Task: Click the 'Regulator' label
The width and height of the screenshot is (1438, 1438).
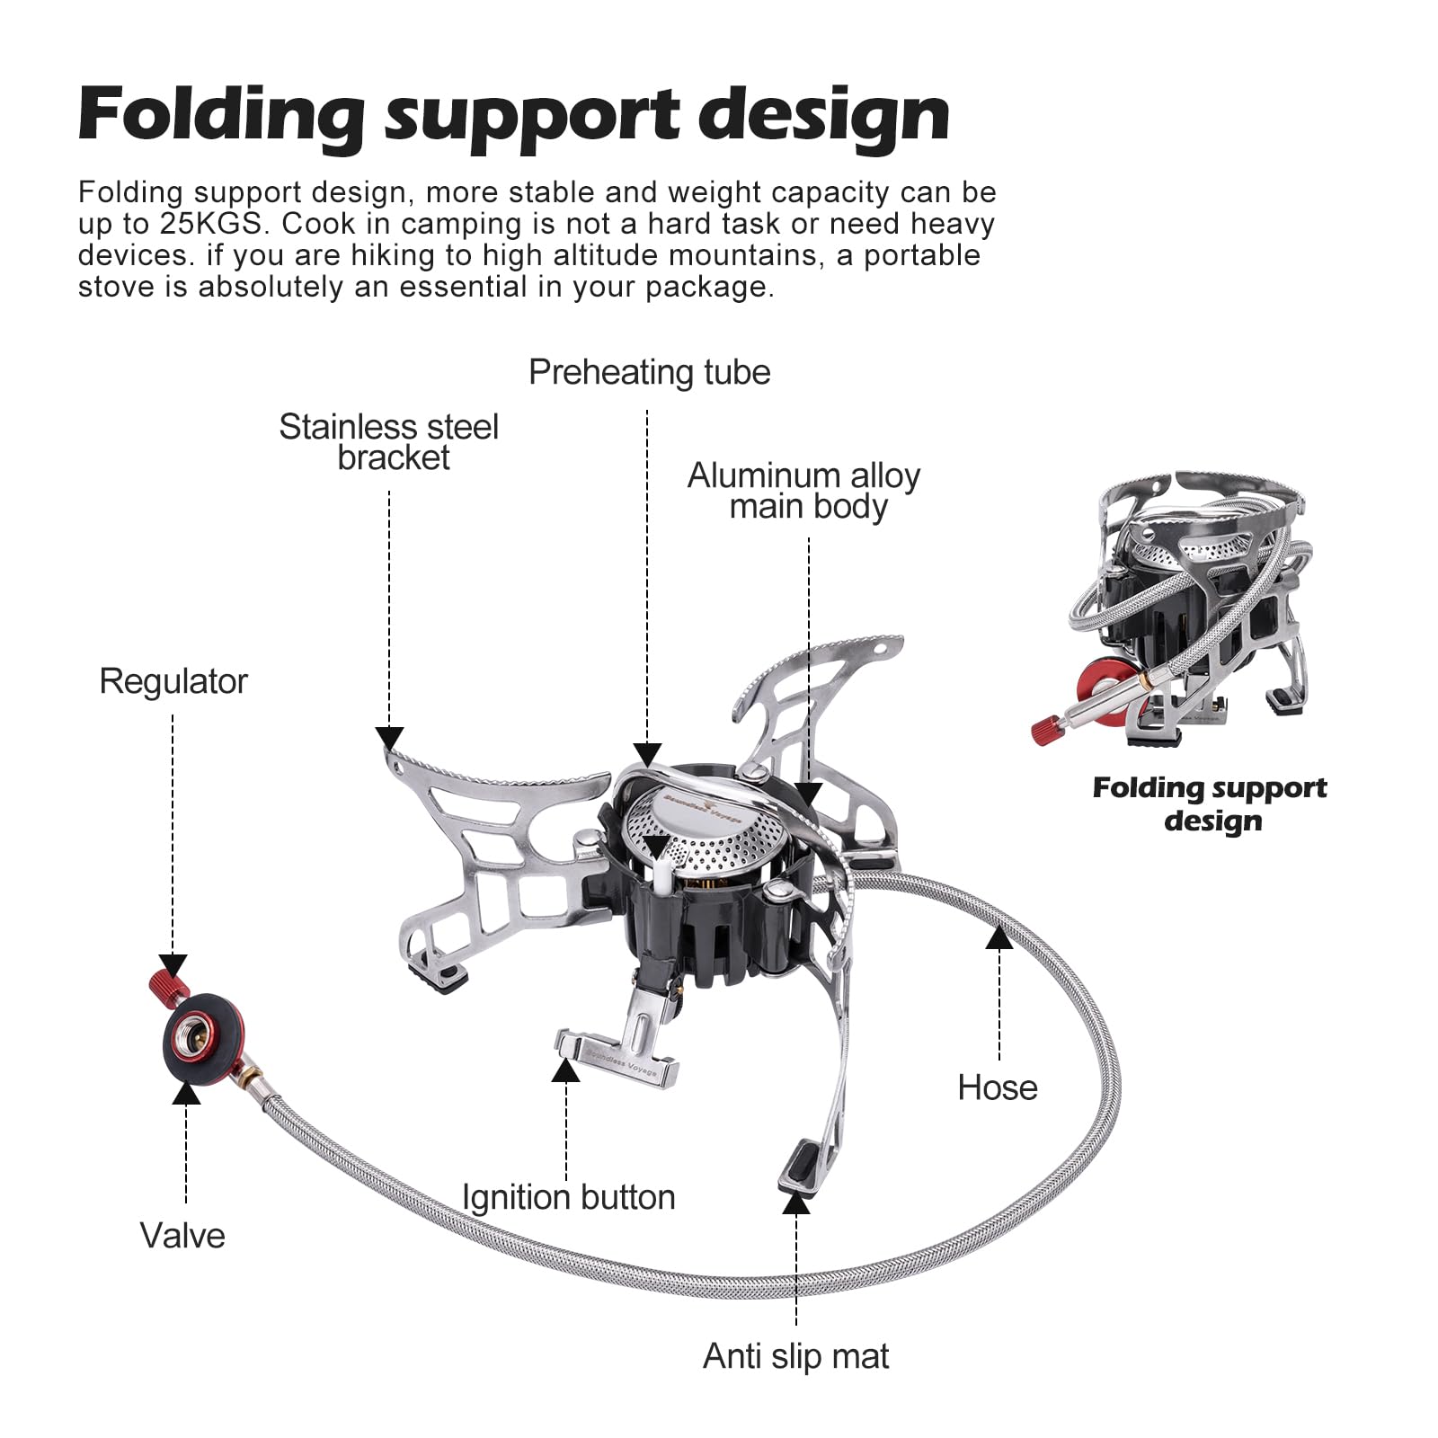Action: coord(173,681)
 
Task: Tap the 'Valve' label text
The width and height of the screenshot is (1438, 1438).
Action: coord(182,1236)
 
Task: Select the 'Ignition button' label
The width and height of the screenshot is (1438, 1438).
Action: coord(568,1197)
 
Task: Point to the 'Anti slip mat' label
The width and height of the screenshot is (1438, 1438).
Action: coord(795,1356)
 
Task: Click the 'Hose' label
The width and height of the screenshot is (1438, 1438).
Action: coord(997,1087)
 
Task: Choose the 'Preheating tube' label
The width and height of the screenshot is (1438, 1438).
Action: coord(649,372)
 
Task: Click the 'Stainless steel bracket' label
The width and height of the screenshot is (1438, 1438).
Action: coord(389,442)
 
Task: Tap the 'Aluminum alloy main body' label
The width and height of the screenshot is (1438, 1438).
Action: coord(804,491)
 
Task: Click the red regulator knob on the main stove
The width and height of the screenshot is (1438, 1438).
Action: coord(166,986)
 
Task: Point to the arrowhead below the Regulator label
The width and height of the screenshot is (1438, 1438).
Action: coord(173,967)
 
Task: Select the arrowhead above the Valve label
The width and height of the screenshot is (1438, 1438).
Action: coord(186,1092)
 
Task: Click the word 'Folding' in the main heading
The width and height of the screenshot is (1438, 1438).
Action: coord(221,117)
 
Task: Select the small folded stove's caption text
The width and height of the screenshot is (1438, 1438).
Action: coord(1210,803)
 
